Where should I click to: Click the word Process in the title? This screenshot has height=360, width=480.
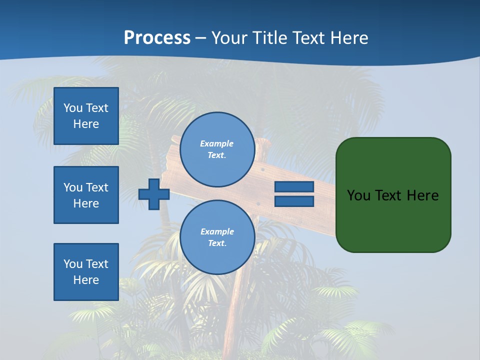tap(157, 38)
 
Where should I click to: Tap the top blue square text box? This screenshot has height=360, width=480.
tap(86, 116)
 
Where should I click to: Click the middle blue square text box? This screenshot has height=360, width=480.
tap(86, 195)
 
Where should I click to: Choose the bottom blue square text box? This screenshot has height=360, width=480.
tap(86, 272)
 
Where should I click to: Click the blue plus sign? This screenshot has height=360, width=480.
tap(154, 194)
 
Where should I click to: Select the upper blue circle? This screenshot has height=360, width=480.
tap(217, 149)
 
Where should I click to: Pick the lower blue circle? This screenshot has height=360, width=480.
tap(217, 237)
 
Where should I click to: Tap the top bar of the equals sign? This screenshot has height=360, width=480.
tap(294, 187)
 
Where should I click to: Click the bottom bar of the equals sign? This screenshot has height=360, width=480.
tap(294, 201)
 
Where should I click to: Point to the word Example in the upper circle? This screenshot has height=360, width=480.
tap(217, 143)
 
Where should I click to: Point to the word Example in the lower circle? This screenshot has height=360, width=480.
tap(217, 231)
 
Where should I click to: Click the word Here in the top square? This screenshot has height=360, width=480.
tap(86, 124)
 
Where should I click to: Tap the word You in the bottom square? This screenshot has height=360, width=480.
tap(73, 264)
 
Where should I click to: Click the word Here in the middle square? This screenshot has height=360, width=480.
tap(86, 203)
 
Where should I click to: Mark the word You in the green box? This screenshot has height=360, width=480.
tap(358, 195)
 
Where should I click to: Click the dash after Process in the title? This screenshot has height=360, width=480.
tap(200, 38)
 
